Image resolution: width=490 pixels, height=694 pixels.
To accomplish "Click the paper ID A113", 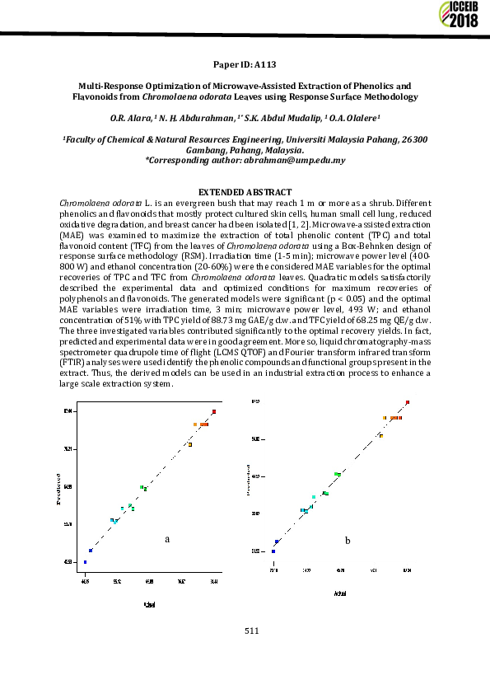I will (x=245, y=63).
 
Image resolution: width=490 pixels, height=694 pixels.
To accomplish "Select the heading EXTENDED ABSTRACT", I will (x=245, y=191).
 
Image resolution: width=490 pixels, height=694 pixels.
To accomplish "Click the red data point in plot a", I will (x=214, y=411).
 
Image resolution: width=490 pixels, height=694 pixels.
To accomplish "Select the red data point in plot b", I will (x=408, y=402).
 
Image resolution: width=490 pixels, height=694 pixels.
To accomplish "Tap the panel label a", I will (x=167, y=539).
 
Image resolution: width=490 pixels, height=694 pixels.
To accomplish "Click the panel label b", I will (x=348, y=540).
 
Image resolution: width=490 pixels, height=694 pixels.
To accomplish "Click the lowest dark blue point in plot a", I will (x=85, y=562).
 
